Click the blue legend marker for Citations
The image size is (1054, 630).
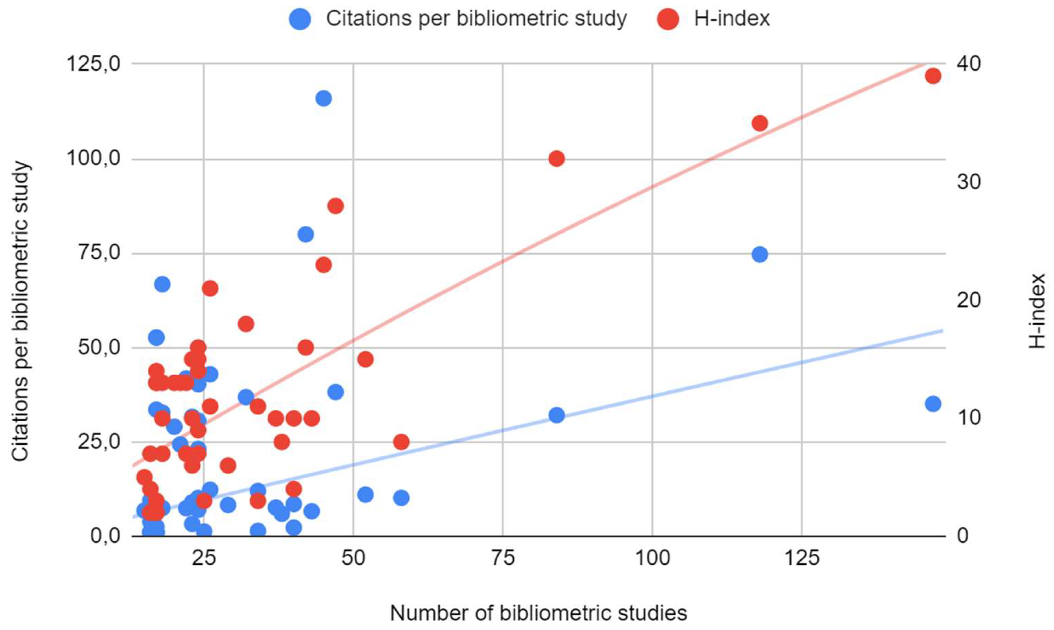click(300, 19)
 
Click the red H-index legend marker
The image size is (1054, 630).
click(668, 19)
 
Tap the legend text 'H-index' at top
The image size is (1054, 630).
click(732, 19)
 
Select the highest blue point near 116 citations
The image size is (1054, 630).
click(324, 98)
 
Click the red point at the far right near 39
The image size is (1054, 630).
click(933, 76)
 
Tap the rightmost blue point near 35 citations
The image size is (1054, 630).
click(933, 404)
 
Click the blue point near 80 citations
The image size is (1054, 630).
click(306, 234)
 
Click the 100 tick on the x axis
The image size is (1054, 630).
click(652, 558)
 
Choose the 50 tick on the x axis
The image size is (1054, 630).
click(353, 558)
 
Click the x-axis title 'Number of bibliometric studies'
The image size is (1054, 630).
click(538, 613)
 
